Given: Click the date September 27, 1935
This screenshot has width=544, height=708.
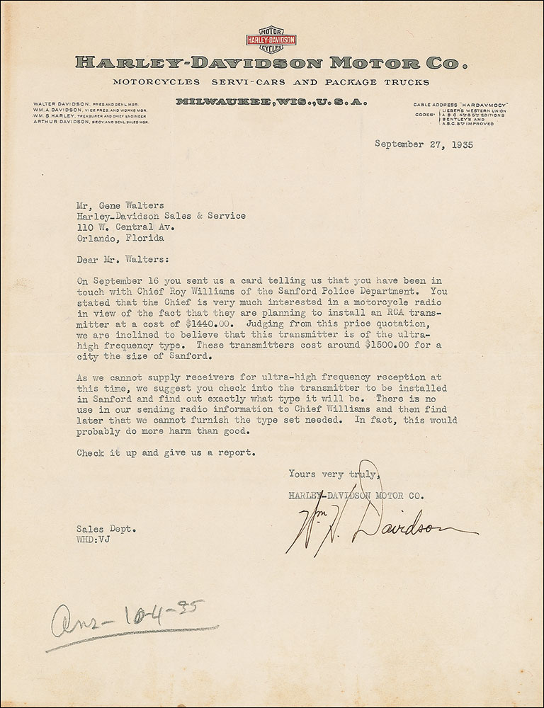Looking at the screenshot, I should coord(423,146).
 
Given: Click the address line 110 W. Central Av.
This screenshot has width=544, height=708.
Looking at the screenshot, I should coord(126,228).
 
